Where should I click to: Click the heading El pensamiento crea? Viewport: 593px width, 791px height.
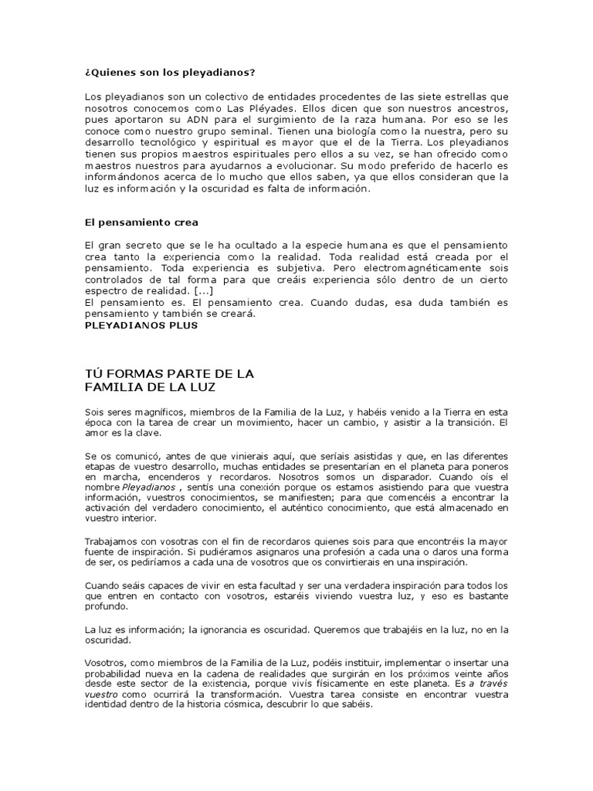click(141, 222)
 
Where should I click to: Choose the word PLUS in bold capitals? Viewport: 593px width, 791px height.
click(181, 325)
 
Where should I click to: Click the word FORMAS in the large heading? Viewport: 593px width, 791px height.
click(139, 373)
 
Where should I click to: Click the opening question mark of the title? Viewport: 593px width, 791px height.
click(87, 73)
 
